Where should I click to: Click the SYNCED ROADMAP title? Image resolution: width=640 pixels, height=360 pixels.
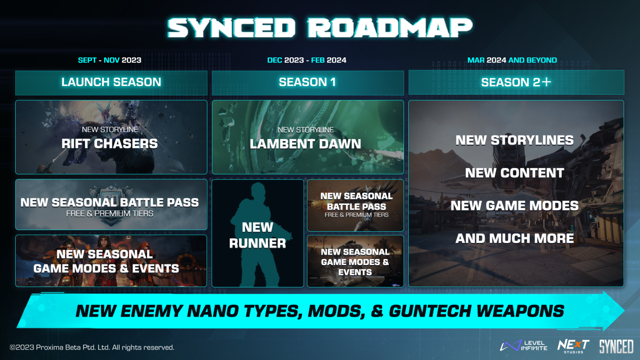320,28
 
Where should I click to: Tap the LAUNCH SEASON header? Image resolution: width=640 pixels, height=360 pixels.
111,82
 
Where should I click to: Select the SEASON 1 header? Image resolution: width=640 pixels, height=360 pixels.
307,82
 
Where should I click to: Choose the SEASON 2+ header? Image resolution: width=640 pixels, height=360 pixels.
516,82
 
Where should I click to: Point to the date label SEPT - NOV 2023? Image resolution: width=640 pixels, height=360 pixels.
110,60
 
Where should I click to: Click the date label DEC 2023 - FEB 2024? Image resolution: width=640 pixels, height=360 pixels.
307,60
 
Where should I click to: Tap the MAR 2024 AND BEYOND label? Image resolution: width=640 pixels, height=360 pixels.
512,60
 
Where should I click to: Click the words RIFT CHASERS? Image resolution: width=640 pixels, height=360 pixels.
110,144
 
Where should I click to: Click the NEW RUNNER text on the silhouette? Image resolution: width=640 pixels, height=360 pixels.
258,235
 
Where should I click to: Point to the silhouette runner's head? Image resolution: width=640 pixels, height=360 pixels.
258,190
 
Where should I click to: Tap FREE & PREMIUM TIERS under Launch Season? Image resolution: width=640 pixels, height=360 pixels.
110,214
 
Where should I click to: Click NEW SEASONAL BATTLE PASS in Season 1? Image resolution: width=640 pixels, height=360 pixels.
357,201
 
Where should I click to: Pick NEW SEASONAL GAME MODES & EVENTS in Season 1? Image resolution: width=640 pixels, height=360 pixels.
355,262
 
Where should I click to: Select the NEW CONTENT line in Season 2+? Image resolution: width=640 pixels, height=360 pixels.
515,173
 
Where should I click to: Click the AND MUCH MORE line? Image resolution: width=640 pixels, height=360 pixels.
515,238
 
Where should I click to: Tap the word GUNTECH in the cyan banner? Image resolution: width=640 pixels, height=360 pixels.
430,311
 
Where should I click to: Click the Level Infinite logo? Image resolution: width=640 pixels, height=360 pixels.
524,345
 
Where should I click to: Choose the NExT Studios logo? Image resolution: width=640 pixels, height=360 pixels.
573,346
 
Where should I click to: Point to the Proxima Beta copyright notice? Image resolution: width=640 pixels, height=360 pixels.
92,347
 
